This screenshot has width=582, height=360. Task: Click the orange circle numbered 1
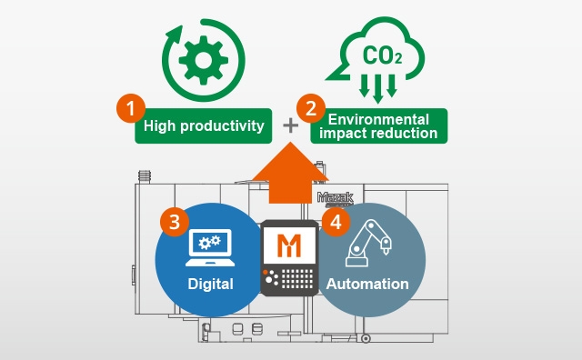pos(131,108)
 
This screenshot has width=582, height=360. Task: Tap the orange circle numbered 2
pos(311,108)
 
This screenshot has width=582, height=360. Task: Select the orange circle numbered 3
pos(175,222)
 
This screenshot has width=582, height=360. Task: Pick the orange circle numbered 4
pos(336,222)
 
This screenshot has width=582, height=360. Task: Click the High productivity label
pos(204,125)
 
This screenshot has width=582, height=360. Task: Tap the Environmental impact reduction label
pos(379,125)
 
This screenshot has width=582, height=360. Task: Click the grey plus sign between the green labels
pos(291,125)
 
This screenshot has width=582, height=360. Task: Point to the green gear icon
pos(204,60)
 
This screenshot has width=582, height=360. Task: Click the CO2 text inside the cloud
pos(382,55)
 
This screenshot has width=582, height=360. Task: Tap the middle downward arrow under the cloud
pos(378,89)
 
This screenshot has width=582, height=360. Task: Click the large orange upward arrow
pos(290,174)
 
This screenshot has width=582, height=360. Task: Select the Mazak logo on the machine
pos(336,198)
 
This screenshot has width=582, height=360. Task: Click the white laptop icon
pos(210,247)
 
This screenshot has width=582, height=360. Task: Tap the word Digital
pos(210,284)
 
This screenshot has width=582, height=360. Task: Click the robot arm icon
pos(368,243)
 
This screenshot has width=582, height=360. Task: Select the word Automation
pos(367,284)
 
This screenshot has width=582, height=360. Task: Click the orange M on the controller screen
pos(289,245)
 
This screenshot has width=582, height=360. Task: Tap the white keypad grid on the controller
pos(297,279)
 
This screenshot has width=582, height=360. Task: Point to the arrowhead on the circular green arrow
pos(174,35)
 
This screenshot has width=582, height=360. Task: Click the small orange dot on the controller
pos(265,272)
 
